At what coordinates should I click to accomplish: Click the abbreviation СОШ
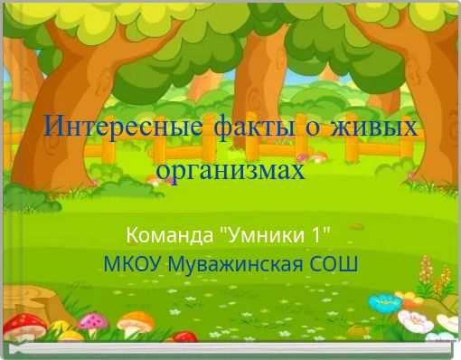click(334, 265)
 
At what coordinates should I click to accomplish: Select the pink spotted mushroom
click(92, 321)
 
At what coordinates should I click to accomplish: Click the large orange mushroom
click(136, 321)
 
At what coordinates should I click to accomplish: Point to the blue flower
click(385, 302)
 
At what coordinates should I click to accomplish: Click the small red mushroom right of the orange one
click(184, 337)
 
